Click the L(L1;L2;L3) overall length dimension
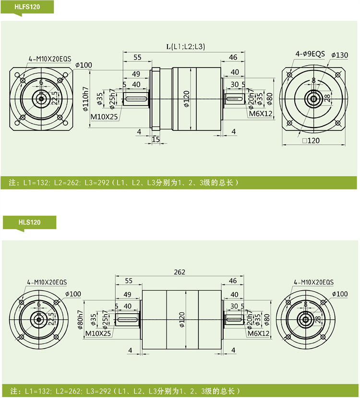click(x=185, y=47)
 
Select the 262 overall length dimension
click(x=180, y=272)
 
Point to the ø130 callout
click(x=339, y=55)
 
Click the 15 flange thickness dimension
click(x=156, y=139)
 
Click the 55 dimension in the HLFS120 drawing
click(x=137, y=57)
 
